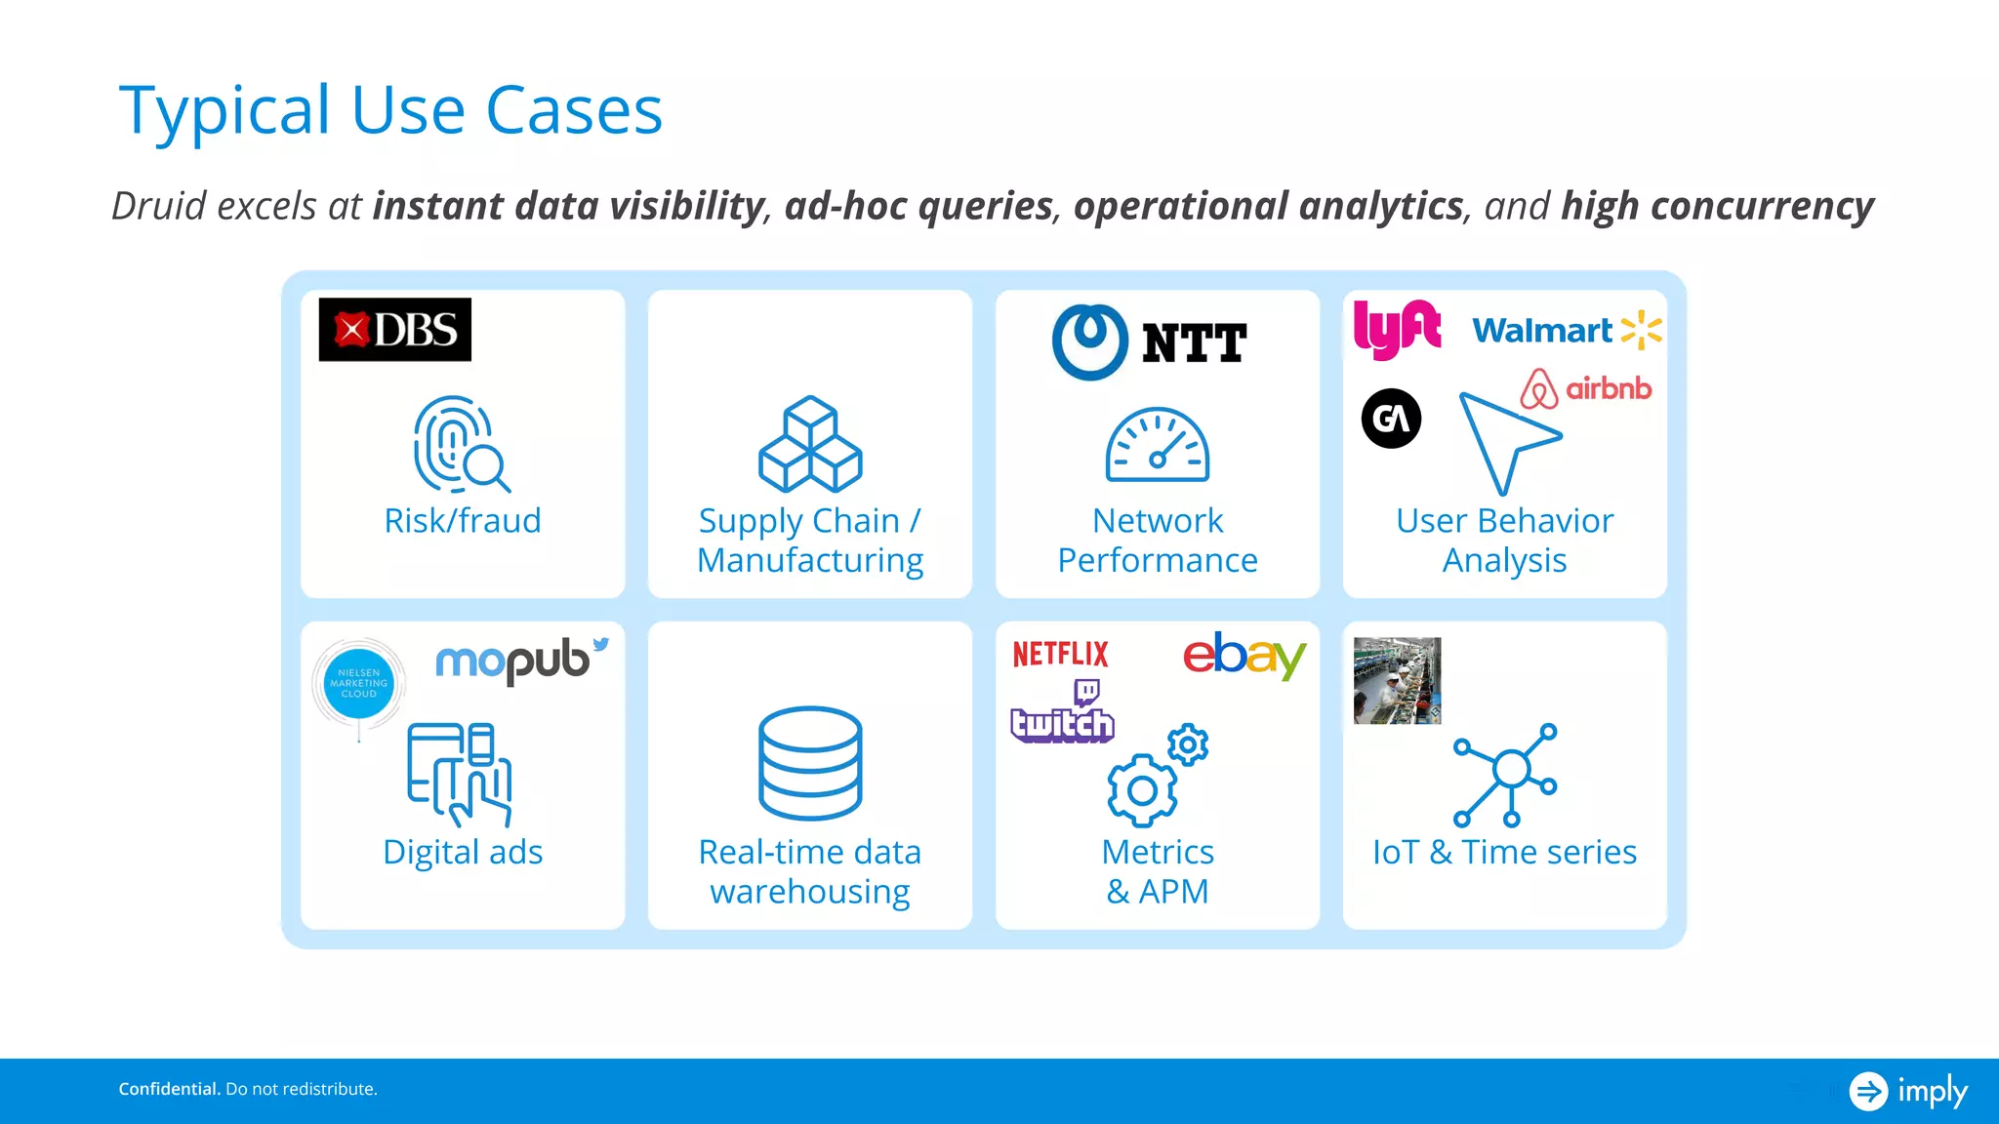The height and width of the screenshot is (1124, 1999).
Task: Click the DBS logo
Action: (394, 330)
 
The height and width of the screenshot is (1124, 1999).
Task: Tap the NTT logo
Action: (1150, 342)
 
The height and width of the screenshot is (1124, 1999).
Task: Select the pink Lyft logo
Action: (1396, 329)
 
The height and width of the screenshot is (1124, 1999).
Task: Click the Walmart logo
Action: (1566, 331)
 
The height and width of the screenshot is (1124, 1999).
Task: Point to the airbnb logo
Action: (1586, 388)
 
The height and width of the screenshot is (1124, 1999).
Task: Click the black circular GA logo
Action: (1391, 419)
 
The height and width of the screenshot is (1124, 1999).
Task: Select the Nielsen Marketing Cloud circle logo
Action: (358, 684)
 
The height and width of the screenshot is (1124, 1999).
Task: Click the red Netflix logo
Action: (1060, 654)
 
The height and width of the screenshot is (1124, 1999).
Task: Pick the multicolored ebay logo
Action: (1243, 655)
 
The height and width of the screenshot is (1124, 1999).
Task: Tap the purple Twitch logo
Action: (1062, 715)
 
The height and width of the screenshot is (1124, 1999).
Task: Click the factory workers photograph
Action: (1397, 681)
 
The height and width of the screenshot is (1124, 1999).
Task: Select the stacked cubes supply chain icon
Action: (810, 444)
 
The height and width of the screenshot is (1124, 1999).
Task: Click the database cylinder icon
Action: (810, 762)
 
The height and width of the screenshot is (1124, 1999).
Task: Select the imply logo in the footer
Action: (1907, 1090)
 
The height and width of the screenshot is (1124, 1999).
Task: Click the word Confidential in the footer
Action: (169, 1089)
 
